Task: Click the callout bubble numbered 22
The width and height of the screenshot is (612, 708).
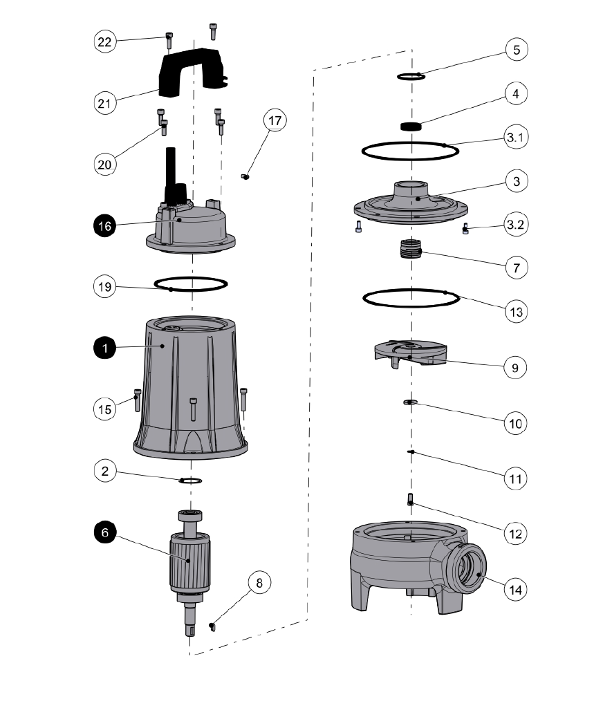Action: point(104,42)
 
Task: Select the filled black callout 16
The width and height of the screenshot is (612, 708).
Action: point(104,225)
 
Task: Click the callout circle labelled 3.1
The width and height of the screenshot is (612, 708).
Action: point(516,138)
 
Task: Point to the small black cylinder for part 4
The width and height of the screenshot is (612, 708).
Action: point(411,127)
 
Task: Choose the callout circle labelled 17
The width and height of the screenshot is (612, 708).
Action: point(275,121)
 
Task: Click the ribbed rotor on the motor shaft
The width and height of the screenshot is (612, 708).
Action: point(187,560)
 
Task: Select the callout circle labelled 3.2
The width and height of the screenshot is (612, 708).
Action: point(516,225)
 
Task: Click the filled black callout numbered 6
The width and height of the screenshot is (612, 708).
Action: point(104,534)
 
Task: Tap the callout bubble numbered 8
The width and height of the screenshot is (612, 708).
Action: point(259,583)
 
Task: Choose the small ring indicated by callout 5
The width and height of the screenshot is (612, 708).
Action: point(410,76)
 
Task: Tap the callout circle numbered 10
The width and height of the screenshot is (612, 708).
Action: point(516,422)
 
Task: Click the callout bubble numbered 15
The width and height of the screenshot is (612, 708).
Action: point(104,409)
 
